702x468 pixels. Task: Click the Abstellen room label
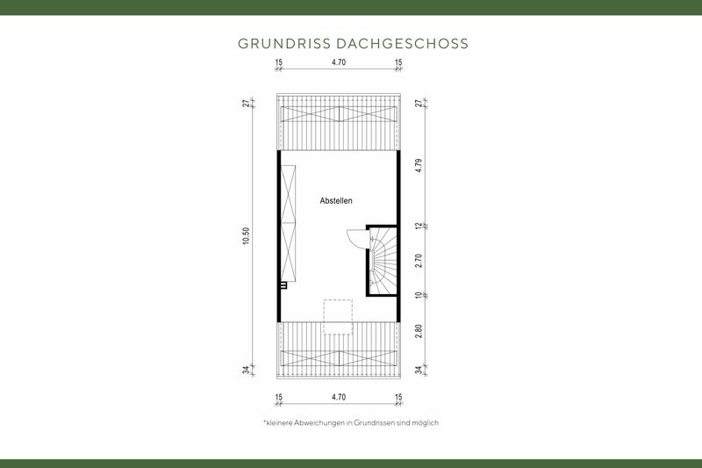[x=336, y=201]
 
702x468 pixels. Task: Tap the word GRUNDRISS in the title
[x=277, y=42]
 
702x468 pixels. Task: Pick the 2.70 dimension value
[x=419, y=262]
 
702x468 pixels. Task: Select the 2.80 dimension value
[x=419, y=330]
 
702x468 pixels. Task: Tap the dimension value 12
[x=419, y=227]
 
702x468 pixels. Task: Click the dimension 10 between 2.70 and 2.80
[x=419, y=296]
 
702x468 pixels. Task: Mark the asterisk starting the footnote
[x=264, y=421]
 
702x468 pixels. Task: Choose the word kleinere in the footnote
[x=282, y=422]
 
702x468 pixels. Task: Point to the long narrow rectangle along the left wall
[x=289, y=227]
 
